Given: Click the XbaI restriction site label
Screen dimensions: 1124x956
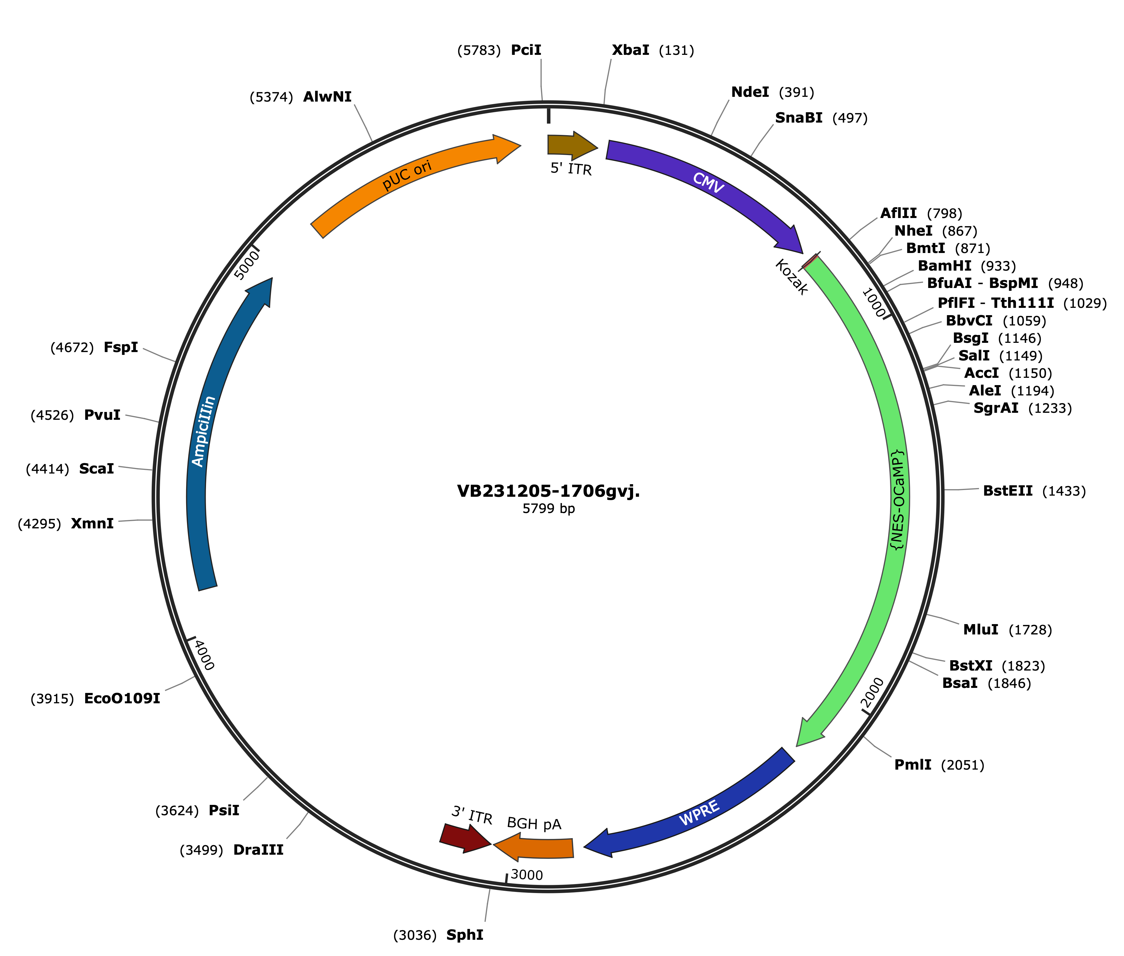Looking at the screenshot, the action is [630, 50].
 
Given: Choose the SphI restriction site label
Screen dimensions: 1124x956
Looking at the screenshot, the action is [464, 935].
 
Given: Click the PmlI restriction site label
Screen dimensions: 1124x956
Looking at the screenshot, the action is [913, 765].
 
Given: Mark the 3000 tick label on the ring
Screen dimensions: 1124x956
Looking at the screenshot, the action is [526, 875].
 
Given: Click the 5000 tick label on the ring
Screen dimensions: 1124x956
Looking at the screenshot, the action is [247, 264].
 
